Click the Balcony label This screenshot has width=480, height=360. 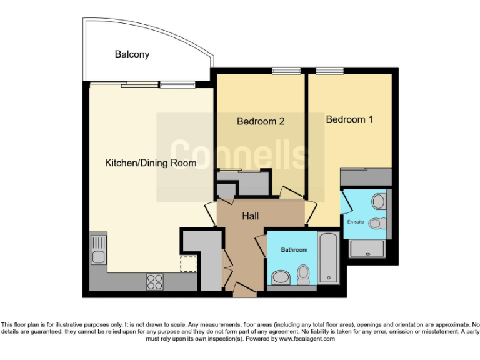(132, 54)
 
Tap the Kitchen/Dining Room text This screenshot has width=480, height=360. (150, 163)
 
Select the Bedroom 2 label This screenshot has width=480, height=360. (261, 121)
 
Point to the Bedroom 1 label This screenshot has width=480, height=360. (349, 119)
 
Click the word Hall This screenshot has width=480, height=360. (251, 216)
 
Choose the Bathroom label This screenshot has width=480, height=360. (294, 250)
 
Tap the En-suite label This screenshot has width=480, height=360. (356, 222)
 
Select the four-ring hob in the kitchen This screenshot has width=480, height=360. (155, 282)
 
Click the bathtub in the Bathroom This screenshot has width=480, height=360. (328, 258)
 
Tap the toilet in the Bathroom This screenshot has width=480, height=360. (304, 274)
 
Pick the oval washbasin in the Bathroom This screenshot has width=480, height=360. (281, 277)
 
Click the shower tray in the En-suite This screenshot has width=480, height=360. (367, 249)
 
